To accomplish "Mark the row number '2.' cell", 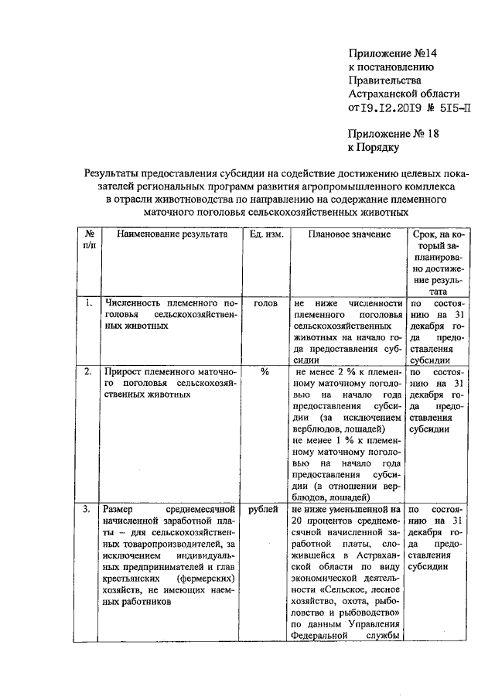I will (90, 371).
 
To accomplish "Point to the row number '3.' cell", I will (90, 510).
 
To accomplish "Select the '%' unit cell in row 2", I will (265, 371).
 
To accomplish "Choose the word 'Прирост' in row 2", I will (124, 371).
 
